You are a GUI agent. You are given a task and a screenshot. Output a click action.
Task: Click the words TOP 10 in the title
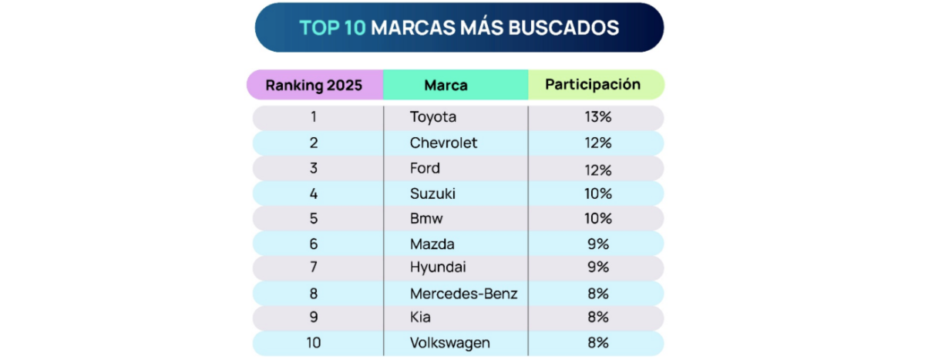pyautogui.click(x=332, y=28)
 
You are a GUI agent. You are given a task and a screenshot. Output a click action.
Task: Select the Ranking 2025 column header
pyautogui.click(x=314, y=85)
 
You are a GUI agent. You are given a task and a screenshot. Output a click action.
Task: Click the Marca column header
pyautogui.click(x=446, y=85)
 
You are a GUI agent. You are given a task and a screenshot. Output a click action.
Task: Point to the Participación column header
pyautogui.click(x=593, y=84)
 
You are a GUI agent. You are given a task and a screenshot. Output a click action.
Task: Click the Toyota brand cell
pyautogui.click(x=433, y=117)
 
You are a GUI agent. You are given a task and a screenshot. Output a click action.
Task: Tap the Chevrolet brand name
pyautogui.click(x=443, y=143)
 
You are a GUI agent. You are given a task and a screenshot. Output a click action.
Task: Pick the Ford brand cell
pyautogui.click(x=425, y=168)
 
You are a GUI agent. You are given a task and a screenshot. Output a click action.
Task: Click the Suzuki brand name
pyautogui.click(x=432, y=193)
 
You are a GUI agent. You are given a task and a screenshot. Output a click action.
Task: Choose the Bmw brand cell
pyautogui.click(x=426, y=218)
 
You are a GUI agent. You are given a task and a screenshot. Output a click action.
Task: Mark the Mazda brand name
pyautogui.click(x=432, y=244)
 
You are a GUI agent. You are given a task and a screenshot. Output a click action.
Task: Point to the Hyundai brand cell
pyautogui.click(x=438, y=267)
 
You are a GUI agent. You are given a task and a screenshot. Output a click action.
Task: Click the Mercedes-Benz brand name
pyautogui.click(x=463, y=293)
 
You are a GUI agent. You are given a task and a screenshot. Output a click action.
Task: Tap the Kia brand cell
pyautogui.click(x=420, y=317)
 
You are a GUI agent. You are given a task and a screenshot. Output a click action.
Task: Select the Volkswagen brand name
pyautogui.click(x=450, y=342)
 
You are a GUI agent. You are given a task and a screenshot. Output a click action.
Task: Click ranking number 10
pyautogui.click(x=314, y=342)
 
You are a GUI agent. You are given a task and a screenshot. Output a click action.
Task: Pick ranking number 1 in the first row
pyautogui.click(x=314, y=117)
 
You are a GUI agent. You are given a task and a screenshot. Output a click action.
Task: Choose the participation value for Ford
pyautogui.click(x=597, y=169)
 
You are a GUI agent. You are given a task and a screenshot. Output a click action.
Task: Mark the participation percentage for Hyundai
pyautogui.click(x=597, y=267)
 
